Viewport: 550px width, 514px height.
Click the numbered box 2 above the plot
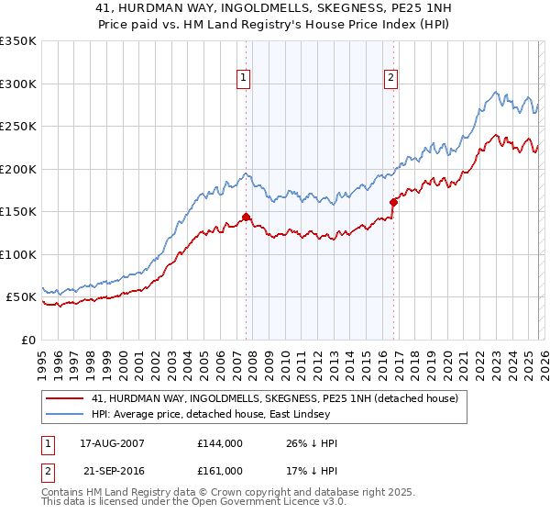point(390,78)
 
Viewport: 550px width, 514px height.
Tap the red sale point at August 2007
point(246,218)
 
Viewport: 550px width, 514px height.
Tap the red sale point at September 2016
point(393,202)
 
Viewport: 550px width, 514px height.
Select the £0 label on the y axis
point(27,340)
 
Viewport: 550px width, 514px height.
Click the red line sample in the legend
point(65,398)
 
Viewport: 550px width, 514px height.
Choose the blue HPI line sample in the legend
point(65,415)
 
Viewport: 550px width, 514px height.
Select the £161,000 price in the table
point(220,471)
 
